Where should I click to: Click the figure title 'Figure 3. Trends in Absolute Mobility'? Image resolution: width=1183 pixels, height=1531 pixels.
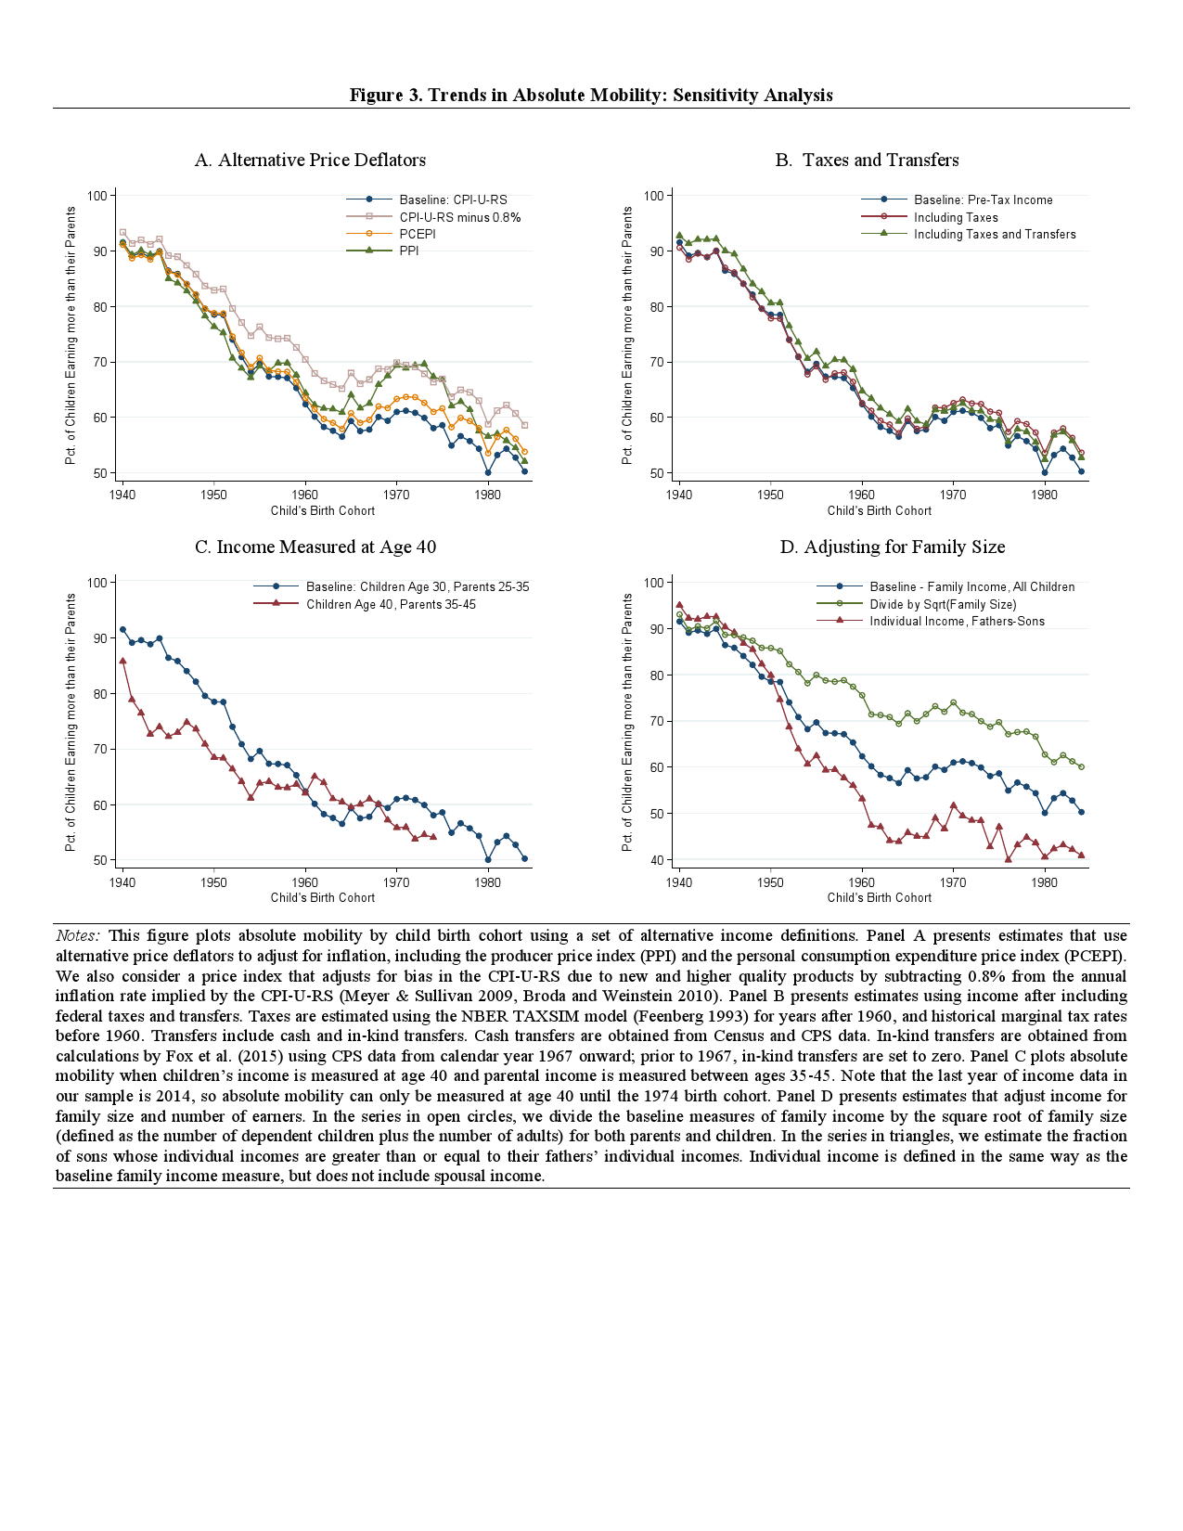(x=590, y=96)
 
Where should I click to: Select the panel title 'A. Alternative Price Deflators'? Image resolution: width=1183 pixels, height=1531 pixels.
(x=310, y=161)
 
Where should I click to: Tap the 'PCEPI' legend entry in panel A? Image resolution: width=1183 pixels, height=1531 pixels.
(x=418, y=234)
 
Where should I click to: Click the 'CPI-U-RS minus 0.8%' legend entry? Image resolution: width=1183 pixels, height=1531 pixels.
(x=459, y=217)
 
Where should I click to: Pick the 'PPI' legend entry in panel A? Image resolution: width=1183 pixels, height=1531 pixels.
(x=409, y=251)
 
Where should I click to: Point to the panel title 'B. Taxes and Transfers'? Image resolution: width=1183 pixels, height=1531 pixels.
(x=867, y=161)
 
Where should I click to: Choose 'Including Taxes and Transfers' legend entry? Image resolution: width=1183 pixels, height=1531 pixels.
(x=995, y=234)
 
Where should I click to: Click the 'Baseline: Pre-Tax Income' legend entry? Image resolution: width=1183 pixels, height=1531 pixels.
(x=983, y=199)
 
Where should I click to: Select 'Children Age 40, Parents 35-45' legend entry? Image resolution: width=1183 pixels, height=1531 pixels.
(x=391, y=604)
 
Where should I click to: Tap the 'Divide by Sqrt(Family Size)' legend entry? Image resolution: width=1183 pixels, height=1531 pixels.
(x=943, y=604)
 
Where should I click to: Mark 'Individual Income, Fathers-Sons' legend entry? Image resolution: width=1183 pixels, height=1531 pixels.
(x=957, y=621)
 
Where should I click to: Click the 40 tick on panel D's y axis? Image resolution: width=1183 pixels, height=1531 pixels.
(x=656, y=860)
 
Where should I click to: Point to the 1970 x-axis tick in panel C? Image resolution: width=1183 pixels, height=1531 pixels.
(x=396, y=882)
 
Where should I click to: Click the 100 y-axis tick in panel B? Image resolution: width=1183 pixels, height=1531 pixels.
(x=653, y=196)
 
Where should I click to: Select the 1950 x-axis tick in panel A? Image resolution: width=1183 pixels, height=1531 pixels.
(x=213, y=495)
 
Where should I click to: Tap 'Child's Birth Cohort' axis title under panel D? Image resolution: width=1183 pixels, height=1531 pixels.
(x=879, y=897)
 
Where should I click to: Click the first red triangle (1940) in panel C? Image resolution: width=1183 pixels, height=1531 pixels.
(x=122, y=661)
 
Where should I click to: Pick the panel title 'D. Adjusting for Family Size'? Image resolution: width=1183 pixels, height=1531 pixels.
(x=892, y=547)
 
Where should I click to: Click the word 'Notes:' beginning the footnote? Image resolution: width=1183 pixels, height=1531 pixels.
(x=78, y=935)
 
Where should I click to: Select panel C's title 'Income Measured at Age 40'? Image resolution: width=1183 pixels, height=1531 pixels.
(x=315, y=547)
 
